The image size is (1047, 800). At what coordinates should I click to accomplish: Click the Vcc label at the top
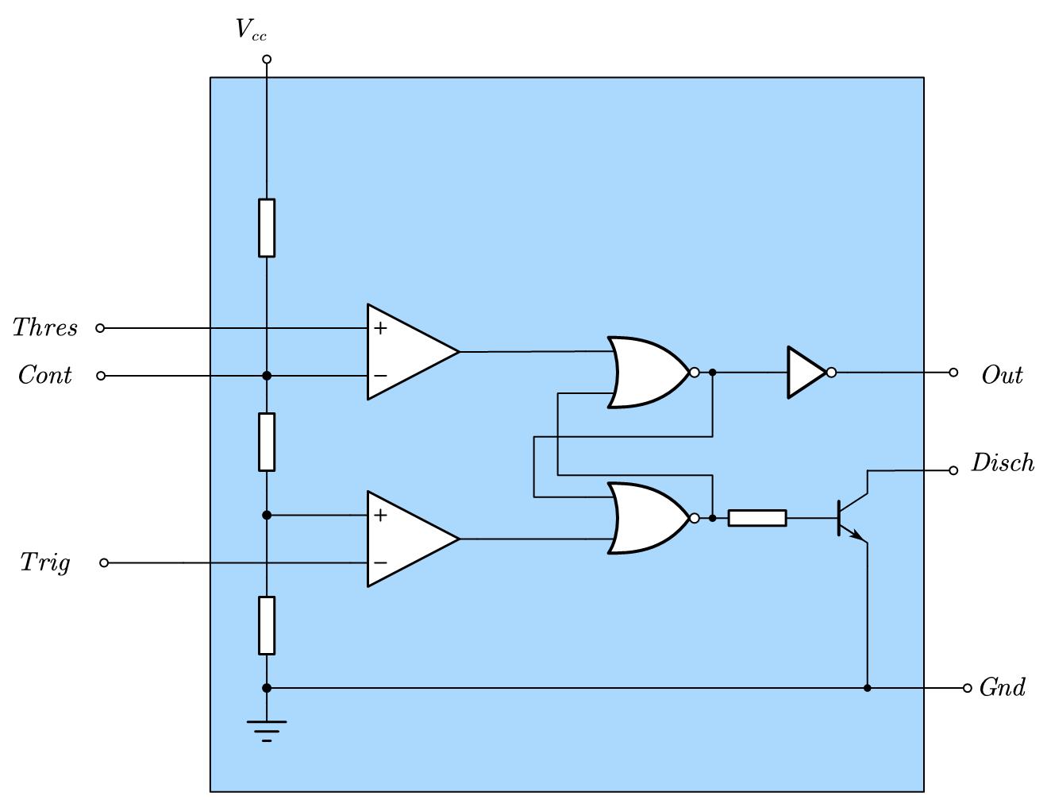click(251, 29)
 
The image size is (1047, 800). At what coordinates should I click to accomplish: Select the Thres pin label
click(44, 327)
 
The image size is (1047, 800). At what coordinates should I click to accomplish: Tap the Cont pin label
click(44, 375)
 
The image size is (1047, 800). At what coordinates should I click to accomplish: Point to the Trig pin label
click(45, 562)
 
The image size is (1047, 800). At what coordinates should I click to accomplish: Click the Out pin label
click(1003, 375)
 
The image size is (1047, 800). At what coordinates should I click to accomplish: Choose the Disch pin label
click(1003, 462)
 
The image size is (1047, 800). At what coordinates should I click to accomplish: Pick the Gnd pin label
click(1003, 687)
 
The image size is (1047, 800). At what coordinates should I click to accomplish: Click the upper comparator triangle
click(413, 352)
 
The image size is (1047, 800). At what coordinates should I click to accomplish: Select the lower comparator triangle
click(413, 539)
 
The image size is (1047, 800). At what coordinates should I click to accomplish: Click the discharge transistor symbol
click(853, 518)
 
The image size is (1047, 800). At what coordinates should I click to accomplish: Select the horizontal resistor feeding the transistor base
click(757, 518)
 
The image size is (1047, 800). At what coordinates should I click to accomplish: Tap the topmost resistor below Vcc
click(267, 228)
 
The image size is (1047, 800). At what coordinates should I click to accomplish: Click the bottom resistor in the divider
click(267, 625)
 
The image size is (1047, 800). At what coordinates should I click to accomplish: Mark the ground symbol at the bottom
click(267, 731)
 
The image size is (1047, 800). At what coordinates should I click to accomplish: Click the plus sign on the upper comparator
click(380, 328)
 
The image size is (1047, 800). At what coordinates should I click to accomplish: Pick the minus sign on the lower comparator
click(380, 562)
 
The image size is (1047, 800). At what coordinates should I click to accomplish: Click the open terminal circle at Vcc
click(268, 60)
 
